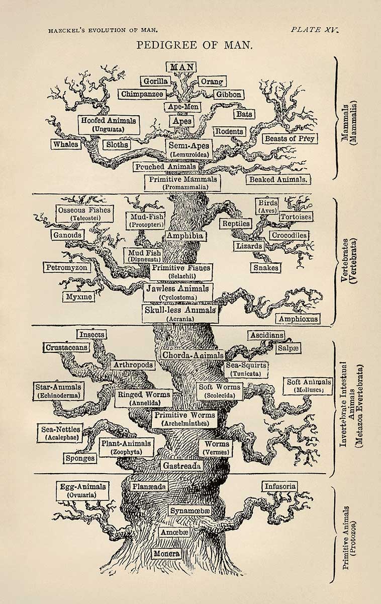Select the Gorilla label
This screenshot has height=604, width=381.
tap(155, 82)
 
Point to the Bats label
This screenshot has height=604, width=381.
tap(244, 114)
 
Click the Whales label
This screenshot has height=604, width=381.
tap(66, 144)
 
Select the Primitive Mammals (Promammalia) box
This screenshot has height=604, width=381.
tap(182, 183)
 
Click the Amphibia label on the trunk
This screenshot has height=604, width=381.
tap(185, 236)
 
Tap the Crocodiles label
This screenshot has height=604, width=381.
tap(289, 235)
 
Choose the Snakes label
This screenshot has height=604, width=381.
tap(265, 268)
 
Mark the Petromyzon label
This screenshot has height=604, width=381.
tap(67, 267)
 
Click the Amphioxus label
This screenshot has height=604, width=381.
tap(298, 319)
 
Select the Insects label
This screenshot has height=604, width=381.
tap(91, 334)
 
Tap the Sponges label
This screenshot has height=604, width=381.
tap(80, 458)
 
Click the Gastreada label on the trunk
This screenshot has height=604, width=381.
tap(182, 466)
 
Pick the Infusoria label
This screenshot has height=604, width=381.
tap(279, 487)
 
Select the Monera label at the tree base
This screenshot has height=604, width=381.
tap(167, 554)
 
